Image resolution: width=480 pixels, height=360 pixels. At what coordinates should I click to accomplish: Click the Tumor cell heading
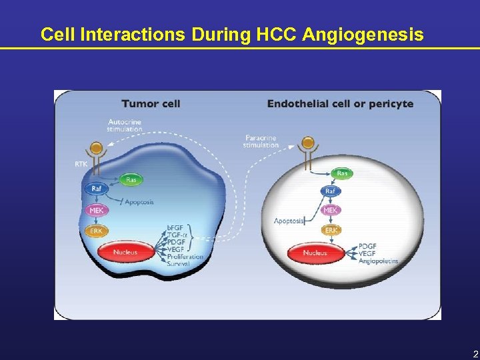tap(151, 103)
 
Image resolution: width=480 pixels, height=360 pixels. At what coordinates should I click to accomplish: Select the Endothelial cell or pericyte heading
tap(340, 103)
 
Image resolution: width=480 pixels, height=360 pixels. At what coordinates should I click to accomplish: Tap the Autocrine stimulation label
tap(125, 125)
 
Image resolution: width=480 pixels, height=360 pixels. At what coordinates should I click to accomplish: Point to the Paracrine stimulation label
tap(261, 141)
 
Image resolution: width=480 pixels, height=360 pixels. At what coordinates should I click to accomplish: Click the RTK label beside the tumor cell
tap(81, 163)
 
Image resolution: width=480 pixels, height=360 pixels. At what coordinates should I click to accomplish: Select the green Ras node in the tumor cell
tap(132, 179)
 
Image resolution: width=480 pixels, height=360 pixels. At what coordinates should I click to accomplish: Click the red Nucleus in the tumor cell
tap(125, 253)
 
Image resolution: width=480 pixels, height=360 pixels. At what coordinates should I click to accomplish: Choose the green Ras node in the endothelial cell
tap(342, 173)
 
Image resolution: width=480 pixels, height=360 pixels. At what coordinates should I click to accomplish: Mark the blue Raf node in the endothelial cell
tap(330, 191)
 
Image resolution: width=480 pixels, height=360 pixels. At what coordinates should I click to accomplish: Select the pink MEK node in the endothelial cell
tap(330, 210)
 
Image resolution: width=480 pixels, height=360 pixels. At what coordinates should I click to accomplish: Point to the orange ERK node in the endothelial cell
tap(330, 230)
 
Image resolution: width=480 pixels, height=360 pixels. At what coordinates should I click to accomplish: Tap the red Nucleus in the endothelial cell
tap(315, 253)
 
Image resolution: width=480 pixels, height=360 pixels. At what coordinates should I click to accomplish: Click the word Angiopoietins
tap(378, 261)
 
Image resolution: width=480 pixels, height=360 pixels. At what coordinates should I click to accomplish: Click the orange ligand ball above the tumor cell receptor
tap(97, 147)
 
